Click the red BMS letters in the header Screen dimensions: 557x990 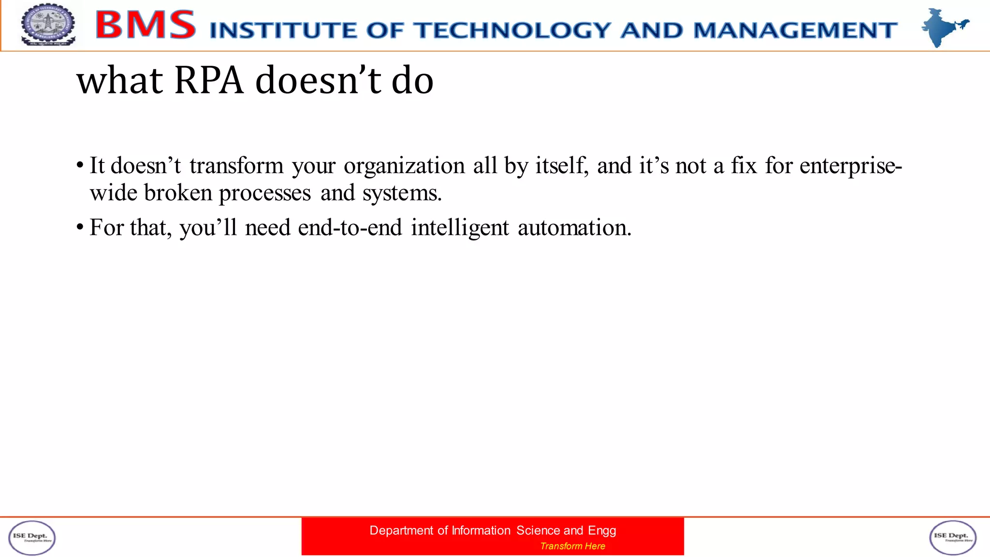tap(146, 25)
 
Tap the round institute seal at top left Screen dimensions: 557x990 tap(48, 25)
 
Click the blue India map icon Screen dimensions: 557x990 tap(943, 27)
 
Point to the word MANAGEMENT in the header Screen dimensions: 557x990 tap(796, 30)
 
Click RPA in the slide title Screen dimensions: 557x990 tap(208, 80)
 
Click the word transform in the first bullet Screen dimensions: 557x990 tap(236, 166)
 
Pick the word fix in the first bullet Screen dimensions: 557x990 tap(743, 166)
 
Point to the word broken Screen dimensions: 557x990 tap(178, 193)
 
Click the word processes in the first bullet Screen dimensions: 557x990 tap(265, 193)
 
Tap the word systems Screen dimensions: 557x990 tap(402, 193)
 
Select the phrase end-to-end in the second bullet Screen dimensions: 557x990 tap(350, 228)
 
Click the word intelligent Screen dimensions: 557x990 tap(460, 228)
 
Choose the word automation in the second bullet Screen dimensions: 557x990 tap(574, 228)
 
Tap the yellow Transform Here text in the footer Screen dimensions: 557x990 tap(572, 546)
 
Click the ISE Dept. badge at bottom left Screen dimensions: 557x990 tap(32, 538)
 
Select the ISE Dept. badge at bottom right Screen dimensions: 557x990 tap(953, 538)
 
